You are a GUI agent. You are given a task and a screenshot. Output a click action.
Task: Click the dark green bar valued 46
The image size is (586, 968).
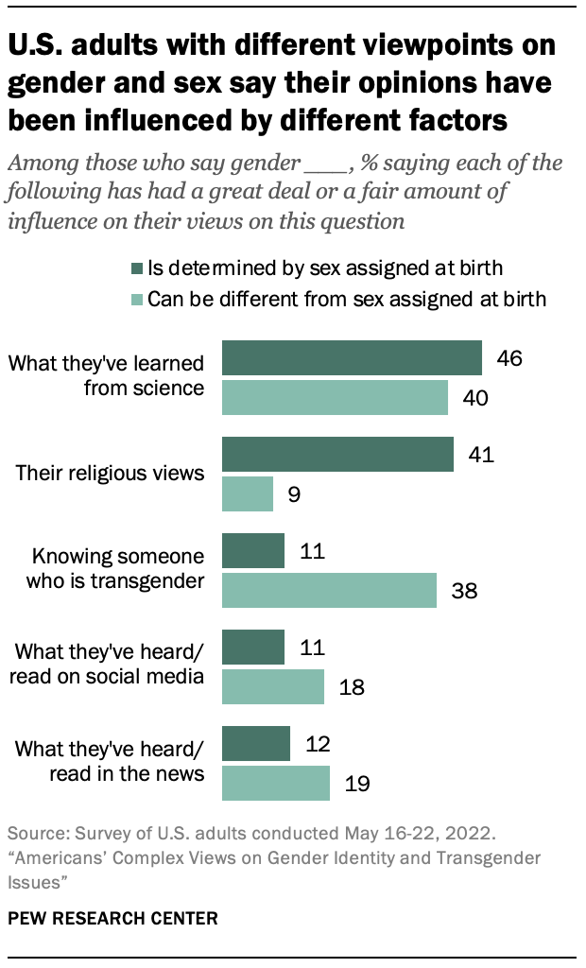point(352,358)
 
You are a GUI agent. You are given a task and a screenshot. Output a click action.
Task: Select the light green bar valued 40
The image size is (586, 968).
point(335,397)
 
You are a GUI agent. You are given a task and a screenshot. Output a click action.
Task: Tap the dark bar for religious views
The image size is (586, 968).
point(337,454)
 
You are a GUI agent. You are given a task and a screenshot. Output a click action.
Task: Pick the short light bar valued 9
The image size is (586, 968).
point(248,493)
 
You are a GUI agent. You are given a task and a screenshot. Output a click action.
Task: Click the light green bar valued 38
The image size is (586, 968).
point(329,590)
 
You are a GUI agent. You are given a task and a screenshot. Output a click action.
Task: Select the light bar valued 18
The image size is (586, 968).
point(273,686)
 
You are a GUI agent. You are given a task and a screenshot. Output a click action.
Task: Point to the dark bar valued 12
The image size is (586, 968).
point(255,744)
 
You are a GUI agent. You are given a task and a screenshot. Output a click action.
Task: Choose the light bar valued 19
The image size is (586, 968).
point(276,783)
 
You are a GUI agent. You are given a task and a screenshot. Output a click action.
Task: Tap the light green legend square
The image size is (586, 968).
point(137,300)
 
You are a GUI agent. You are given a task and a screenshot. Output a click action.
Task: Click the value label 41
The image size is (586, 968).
point(481,455)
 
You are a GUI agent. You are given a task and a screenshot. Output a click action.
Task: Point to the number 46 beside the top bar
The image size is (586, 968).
point(509,358)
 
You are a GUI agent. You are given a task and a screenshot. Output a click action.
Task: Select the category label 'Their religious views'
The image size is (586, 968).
point(111,473)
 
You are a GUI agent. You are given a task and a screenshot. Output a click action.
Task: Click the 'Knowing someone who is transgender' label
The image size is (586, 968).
point(118,567)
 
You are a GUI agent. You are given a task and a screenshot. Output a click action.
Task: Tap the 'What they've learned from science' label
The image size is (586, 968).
point(106,374)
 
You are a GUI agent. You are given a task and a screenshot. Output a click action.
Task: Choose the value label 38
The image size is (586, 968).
point(464,592)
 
